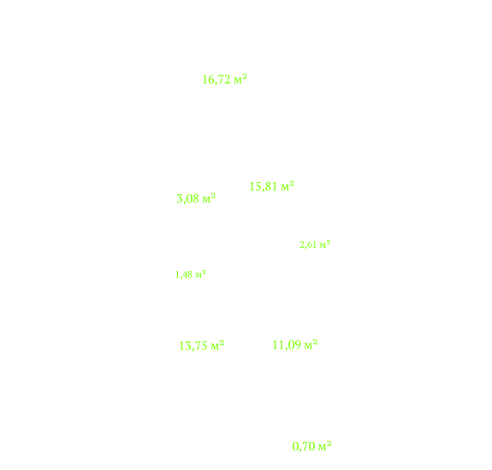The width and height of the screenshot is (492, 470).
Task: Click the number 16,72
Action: point(216,79)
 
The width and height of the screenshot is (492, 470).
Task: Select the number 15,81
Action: point(263,186)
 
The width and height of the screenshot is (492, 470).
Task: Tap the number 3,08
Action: point(187,198)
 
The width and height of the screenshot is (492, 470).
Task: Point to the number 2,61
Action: point(308,244)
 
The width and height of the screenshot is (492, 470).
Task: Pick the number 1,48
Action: point(184,274)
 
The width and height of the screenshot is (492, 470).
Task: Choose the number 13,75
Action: point(193,346)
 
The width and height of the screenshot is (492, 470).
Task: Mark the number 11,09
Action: point(286,345)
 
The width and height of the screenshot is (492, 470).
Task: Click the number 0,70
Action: point(304,446)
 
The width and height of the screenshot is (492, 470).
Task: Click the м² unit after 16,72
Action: point(240,79)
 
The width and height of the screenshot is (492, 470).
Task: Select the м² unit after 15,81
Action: point(287,185)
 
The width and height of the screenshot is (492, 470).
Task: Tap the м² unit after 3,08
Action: point(209,197)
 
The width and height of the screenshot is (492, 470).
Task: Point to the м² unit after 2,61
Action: point(325,244)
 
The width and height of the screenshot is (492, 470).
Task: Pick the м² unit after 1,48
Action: point(200,273)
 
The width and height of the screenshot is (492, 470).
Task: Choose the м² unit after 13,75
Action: point(217,345)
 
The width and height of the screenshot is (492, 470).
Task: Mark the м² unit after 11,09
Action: point(311,344)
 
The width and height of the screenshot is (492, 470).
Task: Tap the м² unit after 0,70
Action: point(325,445)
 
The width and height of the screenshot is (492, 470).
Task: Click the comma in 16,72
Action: point(215,84)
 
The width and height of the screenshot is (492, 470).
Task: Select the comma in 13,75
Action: point(192,350)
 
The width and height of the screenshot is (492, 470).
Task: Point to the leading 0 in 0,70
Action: point(295,446)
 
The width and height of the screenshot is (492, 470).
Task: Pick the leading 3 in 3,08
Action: point(180,198)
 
